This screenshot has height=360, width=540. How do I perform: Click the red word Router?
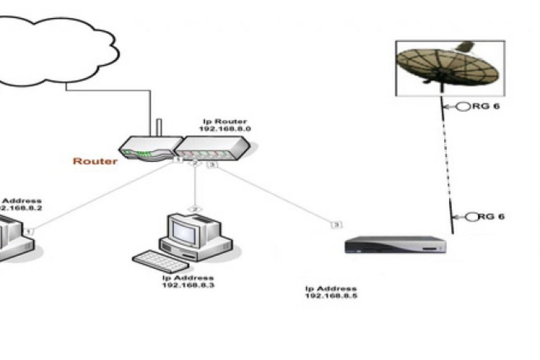pyautogui.click(x=95, y=161)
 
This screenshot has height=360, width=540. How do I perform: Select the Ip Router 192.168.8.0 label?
pyautogui.click(x=225, y=125)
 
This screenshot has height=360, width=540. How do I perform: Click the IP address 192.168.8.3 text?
pyautogui.click(x=188, y=282)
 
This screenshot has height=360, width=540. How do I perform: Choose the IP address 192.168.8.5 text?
pyautogui.click(x=332, y=292)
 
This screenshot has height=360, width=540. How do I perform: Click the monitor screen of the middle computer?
pyautogui.click(x=184, y=230)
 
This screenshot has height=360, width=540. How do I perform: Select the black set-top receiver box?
pyautogui.click(x=396, y=245)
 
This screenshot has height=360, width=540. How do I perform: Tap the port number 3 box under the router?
pyautogui.click(x=212, y=165)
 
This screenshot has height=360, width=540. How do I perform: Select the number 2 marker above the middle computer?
pyautogui.click(x=195, y=209)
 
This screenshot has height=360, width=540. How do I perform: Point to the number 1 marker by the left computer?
pyautogui.click(x=30, y=231)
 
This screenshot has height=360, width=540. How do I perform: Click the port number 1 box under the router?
pyautogui.click(x=178, y=160)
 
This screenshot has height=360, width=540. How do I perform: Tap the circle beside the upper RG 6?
pyautogui.click(x=463, y=107)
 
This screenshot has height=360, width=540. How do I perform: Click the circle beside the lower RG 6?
pyautogui.click(x=471, y=217)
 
